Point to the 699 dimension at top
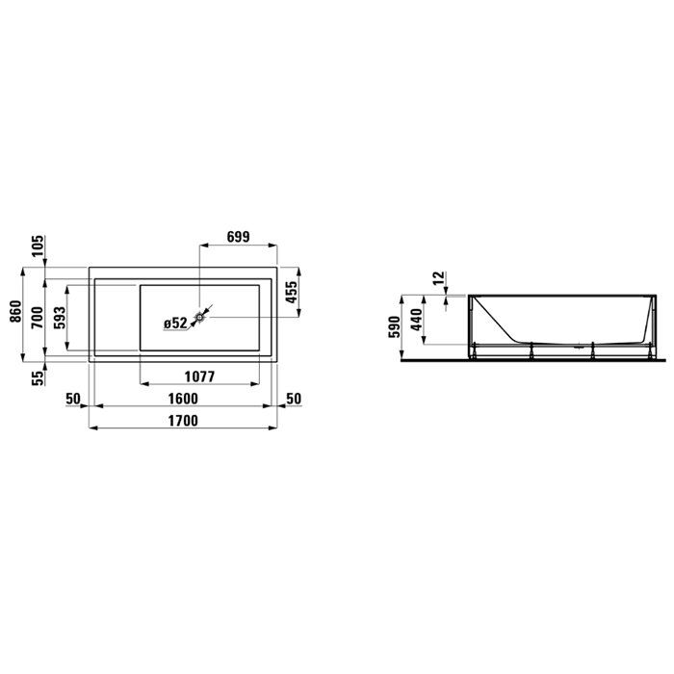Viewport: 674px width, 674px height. click(240, 234)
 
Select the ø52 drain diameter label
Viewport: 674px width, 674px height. click(175, 323)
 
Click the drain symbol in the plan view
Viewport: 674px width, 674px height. click(199, 316)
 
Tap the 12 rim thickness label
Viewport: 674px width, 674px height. click(439, 279)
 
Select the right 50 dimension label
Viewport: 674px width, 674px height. click(295, 398)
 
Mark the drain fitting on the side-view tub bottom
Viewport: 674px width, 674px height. click(574, 343)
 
